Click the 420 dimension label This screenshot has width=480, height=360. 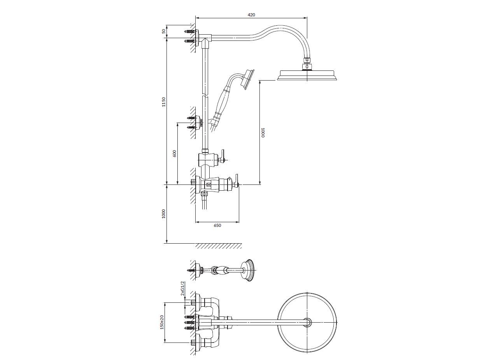[251, 15]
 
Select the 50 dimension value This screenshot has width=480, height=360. [164, 31]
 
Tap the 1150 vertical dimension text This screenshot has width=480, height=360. [164, 102]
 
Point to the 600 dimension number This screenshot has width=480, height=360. [174, 153]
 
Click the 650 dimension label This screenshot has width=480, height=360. [217, 225]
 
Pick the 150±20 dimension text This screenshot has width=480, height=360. [162, 322]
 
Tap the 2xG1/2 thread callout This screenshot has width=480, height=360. [183, 288]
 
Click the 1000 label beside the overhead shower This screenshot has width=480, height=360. [263, 133]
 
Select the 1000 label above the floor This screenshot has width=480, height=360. [164, 214]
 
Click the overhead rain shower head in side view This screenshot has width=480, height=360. [307, 75]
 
